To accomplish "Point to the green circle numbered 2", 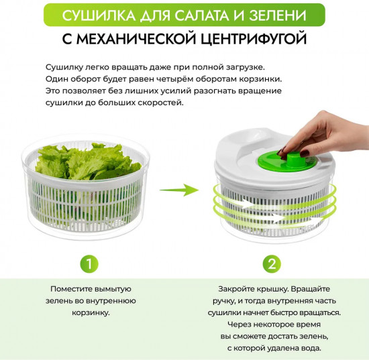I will [x=271, y=263].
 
